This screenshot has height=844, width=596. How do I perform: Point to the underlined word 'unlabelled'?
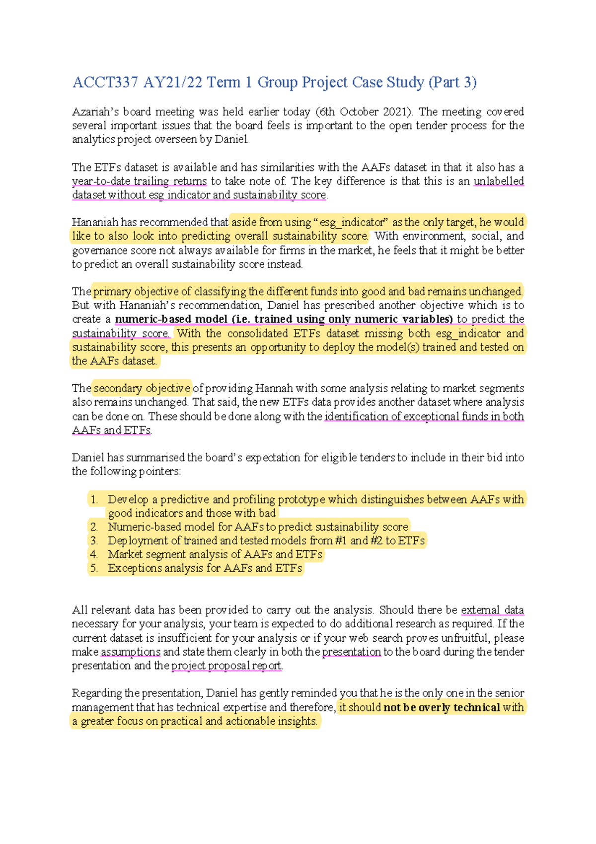coord(499,181)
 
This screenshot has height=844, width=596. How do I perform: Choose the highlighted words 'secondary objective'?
coord(142,388)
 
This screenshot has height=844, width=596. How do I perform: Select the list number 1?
coord(94,500)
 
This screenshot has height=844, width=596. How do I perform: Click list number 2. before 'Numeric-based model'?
coord(94,527)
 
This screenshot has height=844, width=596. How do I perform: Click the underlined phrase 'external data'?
coord(492,610)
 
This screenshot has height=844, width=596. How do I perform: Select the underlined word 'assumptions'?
coord(131,652)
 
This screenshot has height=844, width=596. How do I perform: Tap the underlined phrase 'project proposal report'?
coord(226,666)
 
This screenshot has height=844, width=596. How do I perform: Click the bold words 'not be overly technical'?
coord(442,707)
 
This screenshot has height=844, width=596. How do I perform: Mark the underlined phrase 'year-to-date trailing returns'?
coord(139,181)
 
